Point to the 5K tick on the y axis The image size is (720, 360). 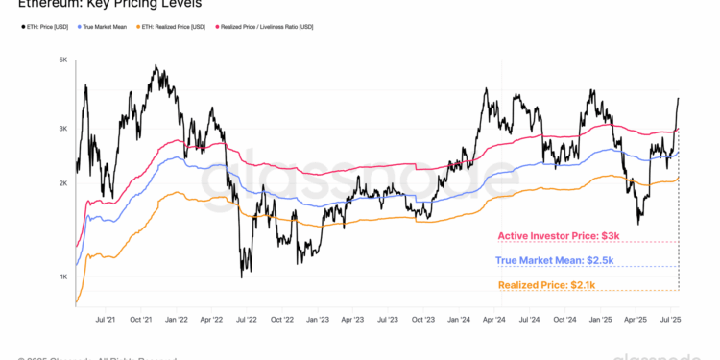62,60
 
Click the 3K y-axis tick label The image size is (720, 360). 62,129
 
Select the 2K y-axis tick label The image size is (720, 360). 62,183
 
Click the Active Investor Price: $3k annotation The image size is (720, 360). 556,236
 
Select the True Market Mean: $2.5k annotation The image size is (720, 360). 554,260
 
